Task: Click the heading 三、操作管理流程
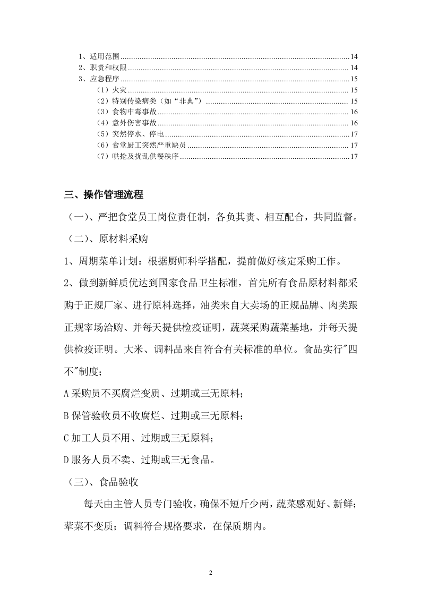click(x=104, y=195)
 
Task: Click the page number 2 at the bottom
click(x=211, y=573)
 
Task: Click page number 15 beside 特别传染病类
click(x=354, y=101)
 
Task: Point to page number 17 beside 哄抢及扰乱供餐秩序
click(x=354, y=157)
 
